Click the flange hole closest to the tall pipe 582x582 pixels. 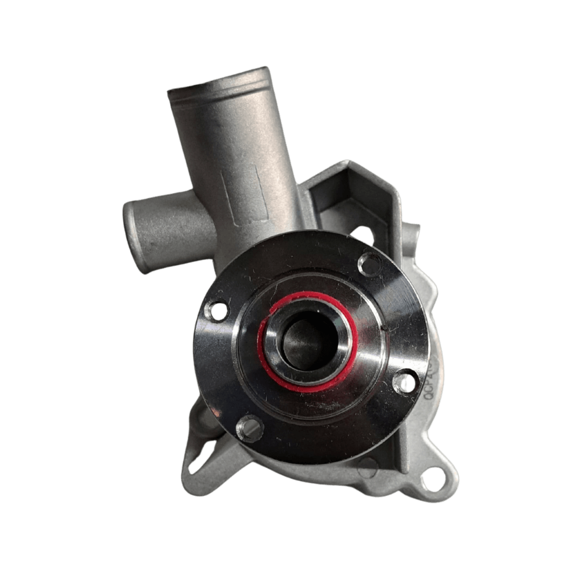click(370, 264)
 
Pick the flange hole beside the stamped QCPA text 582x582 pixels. click(405, 381)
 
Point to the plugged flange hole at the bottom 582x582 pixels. click(249, 429)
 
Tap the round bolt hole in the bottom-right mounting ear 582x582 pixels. click(433, 479)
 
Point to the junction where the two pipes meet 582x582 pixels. click(213, 226)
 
